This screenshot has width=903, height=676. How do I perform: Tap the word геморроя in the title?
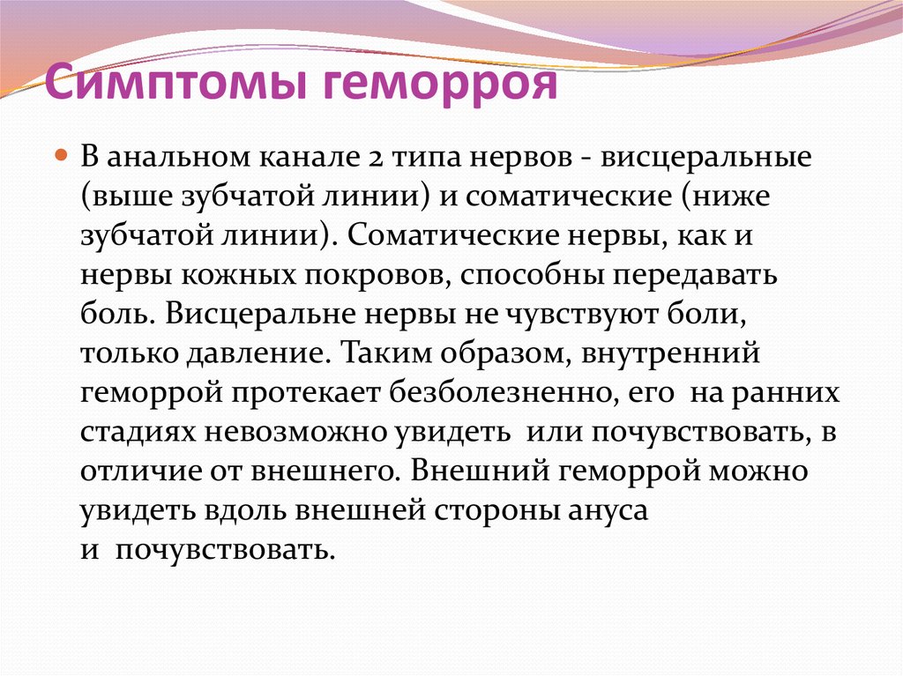click(x=440, y=84)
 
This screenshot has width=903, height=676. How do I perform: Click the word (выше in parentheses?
click(x=127, y=197)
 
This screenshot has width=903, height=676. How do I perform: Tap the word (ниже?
click(x=726, y=197)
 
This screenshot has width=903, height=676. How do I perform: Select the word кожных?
click(x=238, y=276)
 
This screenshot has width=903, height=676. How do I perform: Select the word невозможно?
click(x=295, y=433)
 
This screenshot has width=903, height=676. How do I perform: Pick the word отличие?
click(x=139, y=472)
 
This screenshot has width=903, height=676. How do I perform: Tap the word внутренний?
click(x=670, y=353)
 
